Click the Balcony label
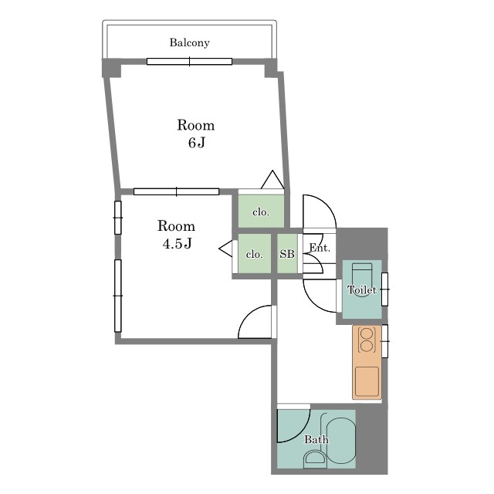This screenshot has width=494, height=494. click(189, 42)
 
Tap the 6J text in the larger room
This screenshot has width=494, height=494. click(197, 143)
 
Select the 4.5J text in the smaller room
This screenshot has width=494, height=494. click(177, 243)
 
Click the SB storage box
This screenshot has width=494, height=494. click(287, 254)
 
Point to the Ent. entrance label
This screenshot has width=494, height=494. click(320, 248)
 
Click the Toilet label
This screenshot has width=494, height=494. click(362, 289)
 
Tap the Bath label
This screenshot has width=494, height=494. click(316, 439)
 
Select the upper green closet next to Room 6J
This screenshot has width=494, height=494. click(261, 211)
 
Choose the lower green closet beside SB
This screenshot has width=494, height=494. click(254, 254)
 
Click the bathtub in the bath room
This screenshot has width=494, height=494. click(341, 441)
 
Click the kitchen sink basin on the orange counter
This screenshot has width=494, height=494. click(367, 381)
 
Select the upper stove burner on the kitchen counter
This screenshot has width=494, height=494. click(367, 333)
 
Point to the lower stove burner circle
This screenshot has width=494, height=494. click(367, 346)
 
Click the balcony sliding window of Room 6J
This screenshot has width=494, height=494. click(189, 62)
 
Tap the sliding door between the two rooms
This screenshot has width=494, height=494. click(176, 191)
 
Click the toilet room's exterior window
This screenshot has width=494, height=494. click(384, 289)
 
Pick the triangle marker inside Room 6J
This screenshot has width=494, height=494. click(272, 180)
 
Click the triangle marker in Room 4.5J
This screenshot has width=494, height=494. click(225, 249)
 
